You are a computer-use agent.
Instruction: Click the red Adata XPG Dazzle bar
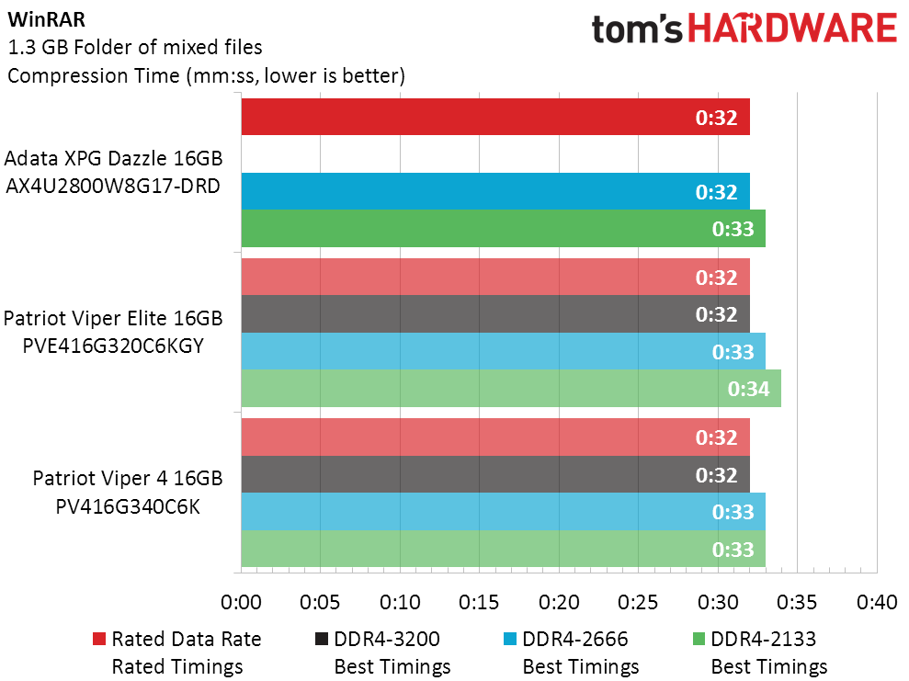click(495, 117)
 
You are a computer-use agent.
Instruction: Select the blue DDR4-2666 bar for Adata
click(495, 191)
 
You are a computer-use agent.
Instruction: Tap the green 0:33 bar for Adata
click(503, 228)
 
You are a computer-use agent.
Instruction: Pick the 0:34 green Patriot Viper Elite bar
click(511, 388)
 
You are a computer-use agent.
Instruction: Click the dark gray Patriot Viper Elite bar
click(495, 314)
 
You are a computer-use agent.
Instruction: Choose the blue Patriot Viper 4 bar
click(503, 511)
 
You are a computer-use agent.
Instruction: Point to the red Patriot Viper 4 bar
click(495, 437)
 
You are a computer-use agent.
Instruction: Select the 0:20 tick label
click(559, 603)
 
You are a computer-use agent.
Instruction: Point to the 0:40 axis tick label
click(876, 603)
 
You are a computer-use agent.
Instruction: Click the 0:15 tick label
click(479, 603)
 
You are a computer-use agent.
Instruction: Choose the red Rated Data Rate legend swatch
click(99, 639)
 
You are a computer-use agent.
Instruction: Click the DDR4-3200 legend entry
click(387, 639)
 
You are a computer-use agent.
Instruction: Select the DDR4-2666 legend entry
click(575, 639)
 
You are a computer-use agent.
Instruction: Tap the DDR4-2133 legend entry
click(764, 639)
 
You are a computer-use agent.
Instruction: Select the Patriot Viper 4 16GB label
click(128, 479)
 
